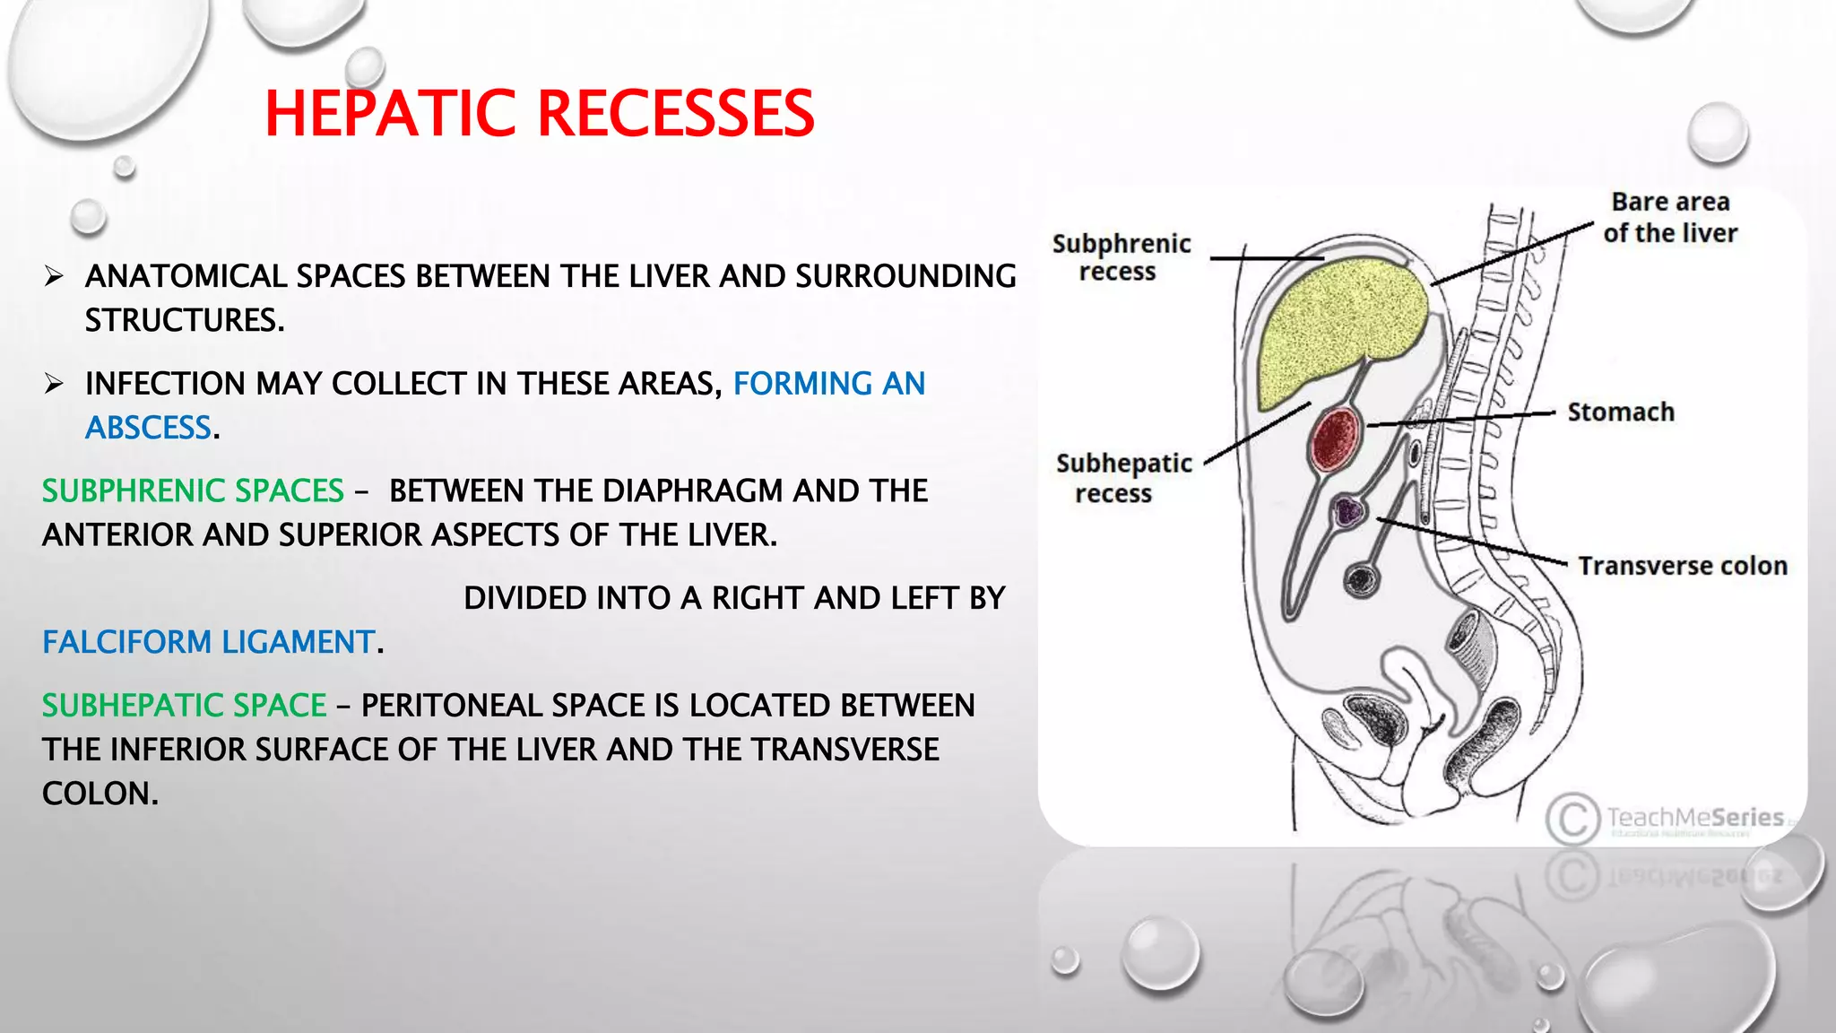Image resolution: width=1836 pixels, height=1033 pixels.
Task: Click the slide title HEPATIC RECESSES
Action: (x=539, y=114)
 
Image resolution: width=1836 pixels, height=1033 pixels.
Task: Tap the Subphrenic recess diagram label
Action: (x=1121, y=257)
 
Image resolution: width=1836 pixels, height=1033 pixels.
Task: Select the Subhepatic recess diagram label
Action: (x=1122, y=478)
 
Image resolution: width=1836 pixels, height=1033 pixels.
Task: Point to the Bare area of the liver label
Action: (x=1669, y=218)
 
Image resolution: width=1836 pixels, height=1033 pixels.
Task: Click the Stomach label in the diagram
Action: (x=1620, y=412)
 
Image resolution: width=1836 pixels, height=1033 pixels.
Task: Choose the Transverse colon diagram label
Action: (x=1682, y=566)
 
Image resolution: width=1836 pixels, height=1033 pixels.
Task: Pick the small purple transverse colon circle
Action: (x=1347, y=511)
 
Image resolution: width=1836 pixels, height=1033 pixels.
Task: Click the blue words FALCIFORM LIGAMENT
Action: (x=209, y=642)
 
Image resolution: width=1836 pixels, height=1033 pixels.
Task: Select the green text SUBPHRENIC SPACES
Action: (x=193, y=490)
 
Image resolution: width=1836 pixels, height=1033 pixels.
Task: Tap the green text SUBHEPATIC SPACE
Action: (x=184, y=706)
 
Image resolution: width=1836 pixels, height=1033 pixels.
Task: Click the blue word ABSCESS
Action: (x=149, y=428)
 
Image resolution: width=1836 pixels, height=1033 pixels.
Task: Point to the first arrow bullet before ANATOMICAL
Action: (x=54, y=276)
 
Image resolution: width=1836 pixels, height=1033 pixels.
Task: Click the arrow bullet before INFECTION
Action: (x=54, y=384)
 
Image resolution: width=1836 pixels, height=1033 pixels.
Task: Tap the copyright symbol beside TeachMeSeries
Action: (x=1572, y=819)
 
